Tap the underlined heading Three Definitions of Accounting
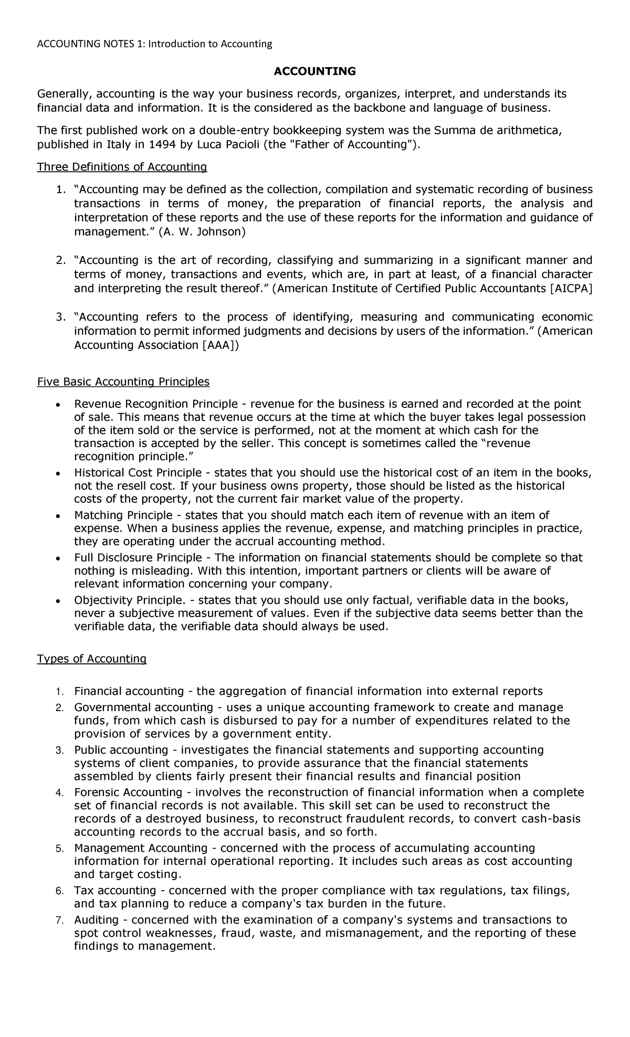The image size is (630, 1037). point(122,167)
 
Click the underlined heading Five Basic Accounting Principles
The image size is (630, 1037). point(123,382)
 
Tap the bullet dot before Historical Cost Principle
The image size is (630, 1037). point(58,473)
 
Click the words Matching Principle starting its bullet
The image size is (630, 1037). point(123,515)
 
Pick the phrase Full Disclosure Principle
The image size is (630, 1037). point(138,557)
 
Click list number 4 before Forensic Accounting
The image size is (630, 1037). point(59,792)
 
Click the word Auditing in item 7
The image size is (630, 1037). point(97,920)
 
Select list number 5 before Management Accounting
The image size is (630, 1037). point(59,849)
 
